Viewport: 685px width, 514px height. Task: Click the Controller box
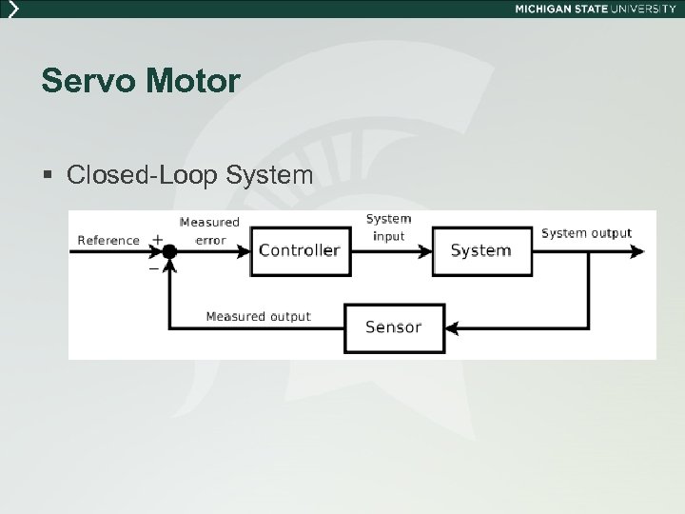300,250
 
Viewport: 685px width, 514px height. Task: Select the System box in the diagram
480,250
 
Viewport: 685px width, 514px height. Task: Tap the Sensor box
394,326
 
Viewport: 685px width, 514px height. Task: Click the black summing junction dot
169,251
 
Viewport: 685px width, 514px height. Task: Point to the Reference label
108,240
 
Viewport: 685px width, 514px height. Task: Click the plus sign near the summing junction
156,239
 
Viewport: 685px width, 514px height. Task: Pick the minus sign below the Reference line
154,268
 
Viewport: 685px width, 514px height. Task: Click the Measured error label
209,231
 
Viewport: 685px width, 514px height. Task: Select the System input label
388,227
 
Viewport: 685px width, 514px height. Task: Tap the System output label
586,232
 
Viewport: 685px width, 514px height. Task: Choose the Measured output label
258,316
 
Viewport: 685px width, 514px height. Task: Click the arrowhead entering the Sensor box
452,327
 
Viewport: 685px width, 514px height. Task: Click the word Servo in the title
79,82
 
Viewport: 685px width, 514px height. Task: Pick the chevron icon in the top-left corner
12,9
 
